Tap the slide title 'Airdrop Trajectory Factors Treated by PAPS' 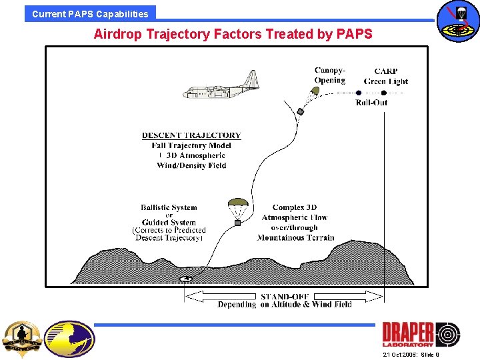[x=233, y=33]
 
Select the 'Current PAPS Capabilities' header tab [x=90, y=13]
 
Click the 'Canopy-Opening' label [x=330, y=75]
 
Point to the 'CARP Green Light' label [x=386, y=77]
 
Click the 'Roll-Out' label [x=371, y=103]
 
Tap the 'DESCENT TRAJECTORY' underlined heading [x=191, y=135]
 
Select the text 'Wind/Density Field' [x=191, y=165]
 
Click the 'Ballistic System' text [x=169, y=207]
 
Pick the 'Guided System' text [x=169, y=223]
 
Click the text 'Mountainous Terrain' [x=295, y=237]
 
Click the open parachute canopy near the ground [x=237, y=203]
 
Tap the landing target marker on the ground [x=186, y=279]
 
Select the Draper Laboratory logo [x=421, y=334]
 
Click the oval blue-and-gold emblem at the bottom [x=69, y=339]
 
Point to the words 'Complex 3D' [x=295, y=207]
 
